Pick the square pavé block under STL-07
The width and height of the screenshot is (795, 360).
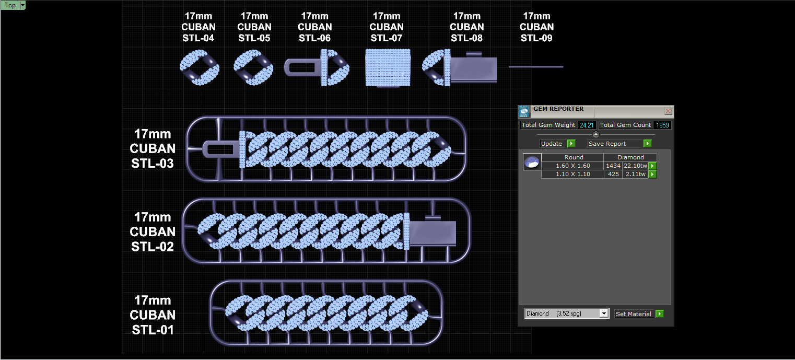(x=388, y=67)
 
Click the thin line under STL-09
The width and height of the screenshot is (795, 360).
(x=536, y=67)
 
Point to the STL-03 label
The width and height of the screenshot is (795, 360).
(x=152, y=148)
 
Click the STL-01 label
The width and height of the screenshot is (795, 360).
(x=152, y=315)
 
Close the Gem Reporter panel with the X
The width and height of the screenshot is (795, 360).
(x=668, y=111)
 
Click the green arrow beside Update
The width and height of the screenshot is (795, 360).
(x=571, y=144)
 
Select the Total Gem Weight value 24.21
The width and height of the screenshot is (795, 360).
(x=586, y=125)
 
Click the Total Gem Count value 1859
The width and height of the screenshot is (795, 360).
(x=662, y=125)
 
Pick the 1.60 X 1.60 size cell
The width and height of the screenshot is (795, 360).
(x=572, y=166)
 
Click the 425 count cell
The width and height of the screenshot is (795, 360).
(x=613, y=175)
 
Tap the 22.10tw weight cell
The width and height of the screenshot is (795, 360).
(x=635, y=166)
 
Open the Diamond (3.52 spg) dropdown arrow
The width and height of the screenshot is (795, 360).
(x=604, y=313)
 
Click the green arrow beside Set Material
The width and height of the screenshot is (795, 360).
(x=659, y=314)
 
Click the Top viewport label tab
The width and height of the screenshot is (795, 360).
(x=10, y=5)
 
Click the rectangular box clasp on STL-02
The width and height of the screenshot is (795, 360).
(x=432, y=233)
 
